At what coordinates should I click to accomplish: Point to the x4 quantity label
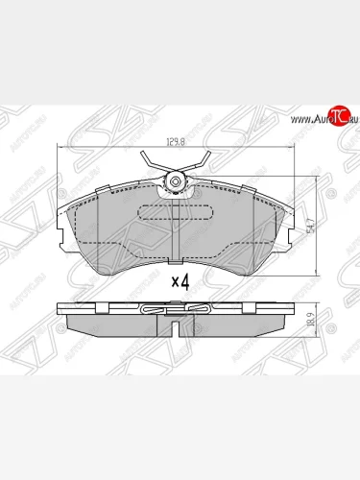180,281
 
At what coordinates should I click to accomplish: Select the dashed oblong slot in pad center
175,213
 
